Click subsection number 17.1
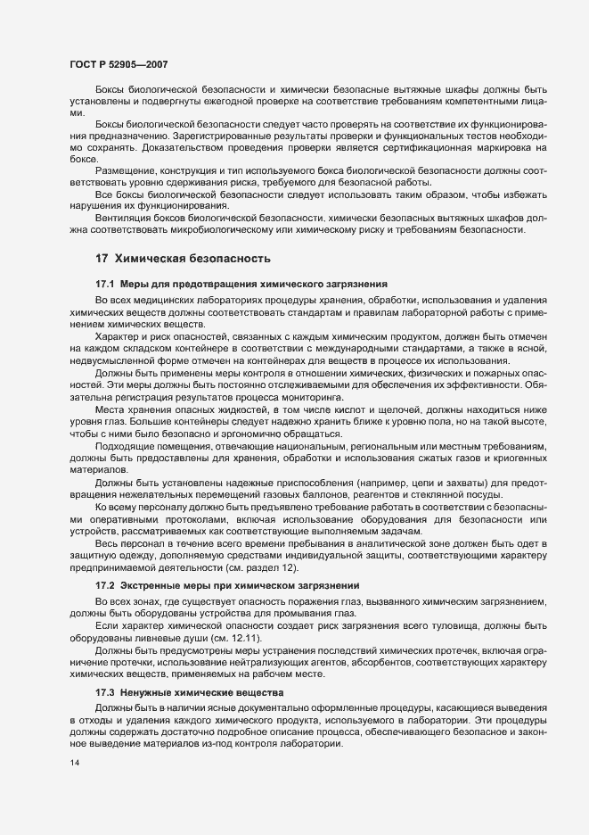[x=106, y=283]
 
